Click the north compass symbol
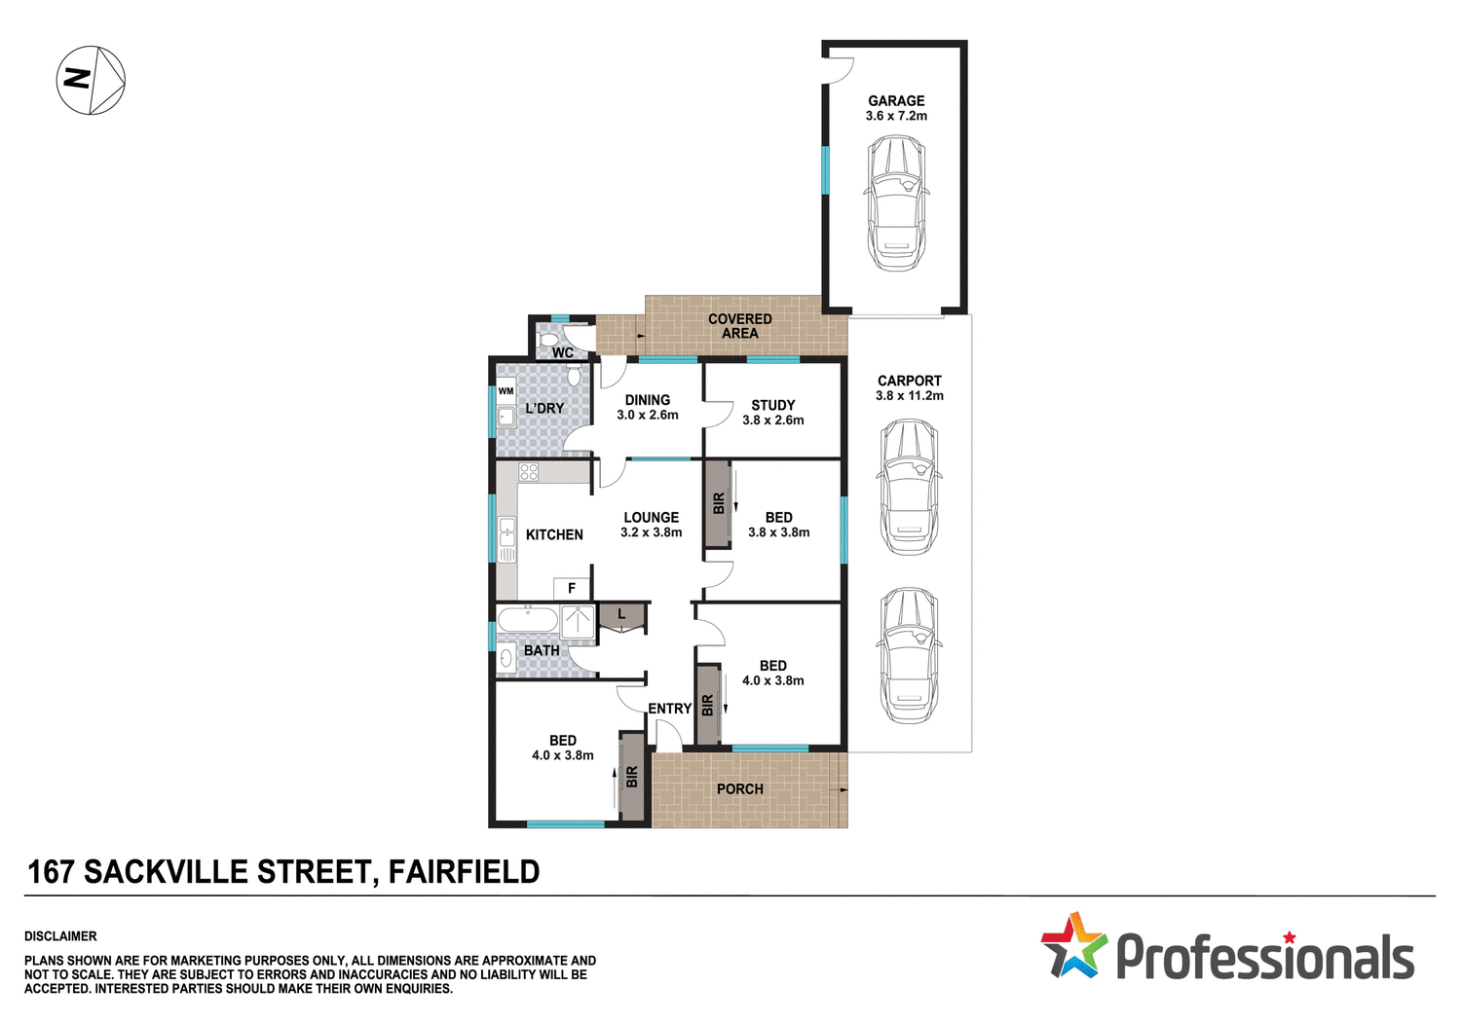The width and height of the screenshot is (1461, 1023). pos(91,80)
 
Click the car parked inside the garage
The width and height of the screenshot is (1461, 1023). pos(896,202)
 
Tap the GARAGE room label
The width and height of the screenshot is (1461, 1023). pos(896,101)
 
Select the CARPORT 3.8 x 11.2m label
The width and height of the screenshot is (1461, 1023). pos(909,388)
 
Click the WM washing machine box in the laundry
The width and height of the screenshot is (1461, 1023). pos(506,391)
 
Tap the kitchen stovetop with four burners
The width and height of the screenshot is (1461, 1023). pos(529,472)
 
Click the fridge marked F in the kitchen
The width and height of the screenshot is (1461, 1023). pos(572,588)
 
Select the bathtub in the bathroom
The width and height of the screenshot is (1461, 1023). pos(527,619)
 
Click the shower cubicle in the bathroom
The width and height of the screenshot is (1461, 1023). pos(578,622)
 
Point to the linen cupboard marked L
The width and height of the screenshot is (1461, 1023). pos(621,616)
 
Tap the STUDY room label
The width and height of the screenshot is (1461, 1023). pos(773,405)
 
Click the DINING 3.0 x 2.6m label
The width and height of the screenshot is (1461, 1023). pos(648,407)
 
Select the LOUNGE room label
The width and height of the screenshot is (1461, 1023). pos(652,518)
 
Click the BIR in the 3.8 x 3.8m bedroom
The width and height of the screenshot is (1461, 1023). pos(719,503)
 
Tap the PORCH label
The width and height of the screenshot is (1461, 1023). pos(740,789)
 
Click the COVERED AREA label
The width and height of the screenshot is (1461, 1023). pos(740,326)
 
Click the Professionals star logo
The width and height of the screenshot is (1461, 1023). pos(1073,945)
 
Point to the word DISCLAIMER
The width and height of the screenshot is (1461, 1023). pos(60,936)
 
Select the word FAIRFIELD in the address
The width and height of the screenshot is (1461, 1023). pos(464,872)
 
